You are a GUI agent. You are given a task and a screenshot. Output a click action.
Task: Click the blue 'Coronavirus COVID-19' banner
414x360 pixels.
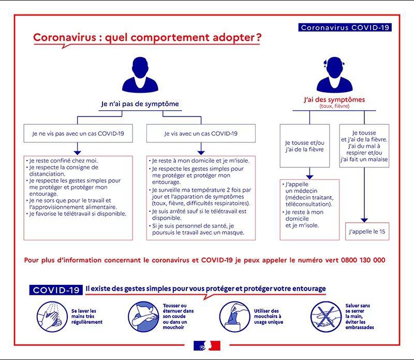pos(345,27)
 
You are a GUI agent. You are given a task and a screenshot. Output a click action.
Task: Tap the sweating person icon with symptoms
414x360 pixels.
pos(334,75)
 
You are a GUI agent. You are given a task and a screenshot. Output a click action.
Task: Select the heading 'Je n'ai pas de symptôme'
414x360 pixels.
pos(140,104)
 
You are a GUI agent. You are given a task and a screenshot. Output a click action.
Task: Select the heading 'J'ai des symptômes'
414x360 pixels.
pos(334,99)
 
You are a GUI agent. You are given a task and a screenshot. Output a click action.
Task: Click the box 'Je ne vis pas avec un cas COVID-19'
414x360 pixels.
pos(78,134)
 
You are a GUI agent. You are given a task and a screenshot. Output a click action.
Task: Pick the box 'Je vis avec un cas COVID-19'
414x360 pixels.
pos(201,134)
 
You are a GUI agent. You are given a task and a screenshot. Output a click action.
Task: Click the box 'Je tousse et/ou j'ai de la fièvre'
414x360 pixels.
pos(305,146)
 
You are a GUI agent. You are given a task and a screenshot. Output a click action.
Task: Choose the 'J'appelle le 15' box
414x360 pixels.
pos(367,232)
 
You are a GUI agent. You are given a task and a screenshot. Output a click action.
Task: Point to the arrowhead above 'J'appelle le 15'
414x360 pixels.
pos(364,221)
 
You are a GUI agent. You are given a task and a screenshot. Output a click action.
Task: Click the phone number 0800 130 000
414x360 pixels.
pos(363,260)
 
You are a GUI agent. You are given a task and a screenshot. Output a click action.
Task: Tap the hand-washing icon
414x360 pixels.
pos(52,316)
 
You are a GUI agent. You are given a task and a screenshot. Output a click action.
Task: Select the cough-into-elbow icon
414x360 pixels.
pos(144,316)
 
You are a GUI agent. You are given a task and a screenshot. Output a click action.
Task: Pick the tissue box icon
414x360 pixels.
pos(234,316)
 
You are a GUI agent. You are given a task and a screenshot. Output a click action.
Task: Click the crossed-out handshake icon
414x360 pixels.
pos(326,316)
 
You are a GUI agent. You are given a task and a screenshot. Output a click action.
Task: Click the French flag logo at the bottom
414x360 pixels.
pos(207,345)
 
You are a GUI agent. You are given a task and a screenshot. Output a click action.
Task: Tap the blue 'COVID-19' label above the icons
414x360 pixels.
pos(56,290)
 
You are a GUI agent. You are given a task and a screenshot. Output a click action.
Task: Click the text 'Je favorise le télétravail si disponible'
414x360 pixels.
pos(78,213)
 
